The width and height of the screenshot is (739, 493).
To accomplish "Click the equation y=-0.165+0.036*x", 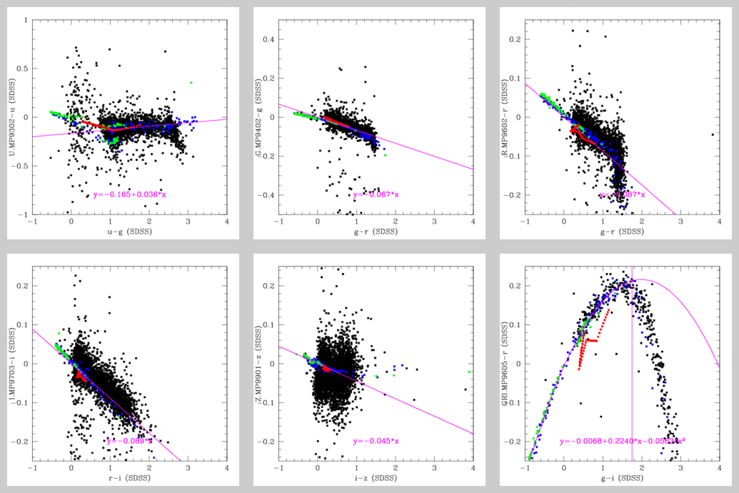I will point(129,194).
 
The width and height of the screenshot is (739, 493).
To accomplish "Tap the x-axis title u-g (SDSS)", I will point(129,232).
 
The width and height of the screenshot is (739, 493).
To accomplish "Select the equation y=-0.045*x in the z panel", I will point(376,441).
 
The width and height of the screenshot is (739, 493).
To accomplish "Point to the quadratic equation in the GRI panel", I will point(623,441).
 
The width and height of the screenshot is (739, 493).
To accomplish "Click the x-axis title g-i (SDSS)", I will point(622,479).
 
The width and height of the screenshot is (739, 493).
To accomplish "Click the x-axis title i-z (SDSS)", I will point(376,479).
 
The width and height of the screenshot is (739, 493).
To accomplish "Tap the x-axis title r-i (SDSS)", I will point(129,479).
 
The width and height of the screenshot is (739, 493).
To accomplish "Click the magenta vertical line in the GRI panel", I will point(633,372).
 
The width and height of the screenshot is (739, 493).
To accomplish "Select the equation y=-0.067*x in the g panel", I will point(376,194).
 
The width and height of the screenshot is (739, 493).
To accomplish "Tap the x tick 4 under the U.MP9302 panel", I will point(227,221).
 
